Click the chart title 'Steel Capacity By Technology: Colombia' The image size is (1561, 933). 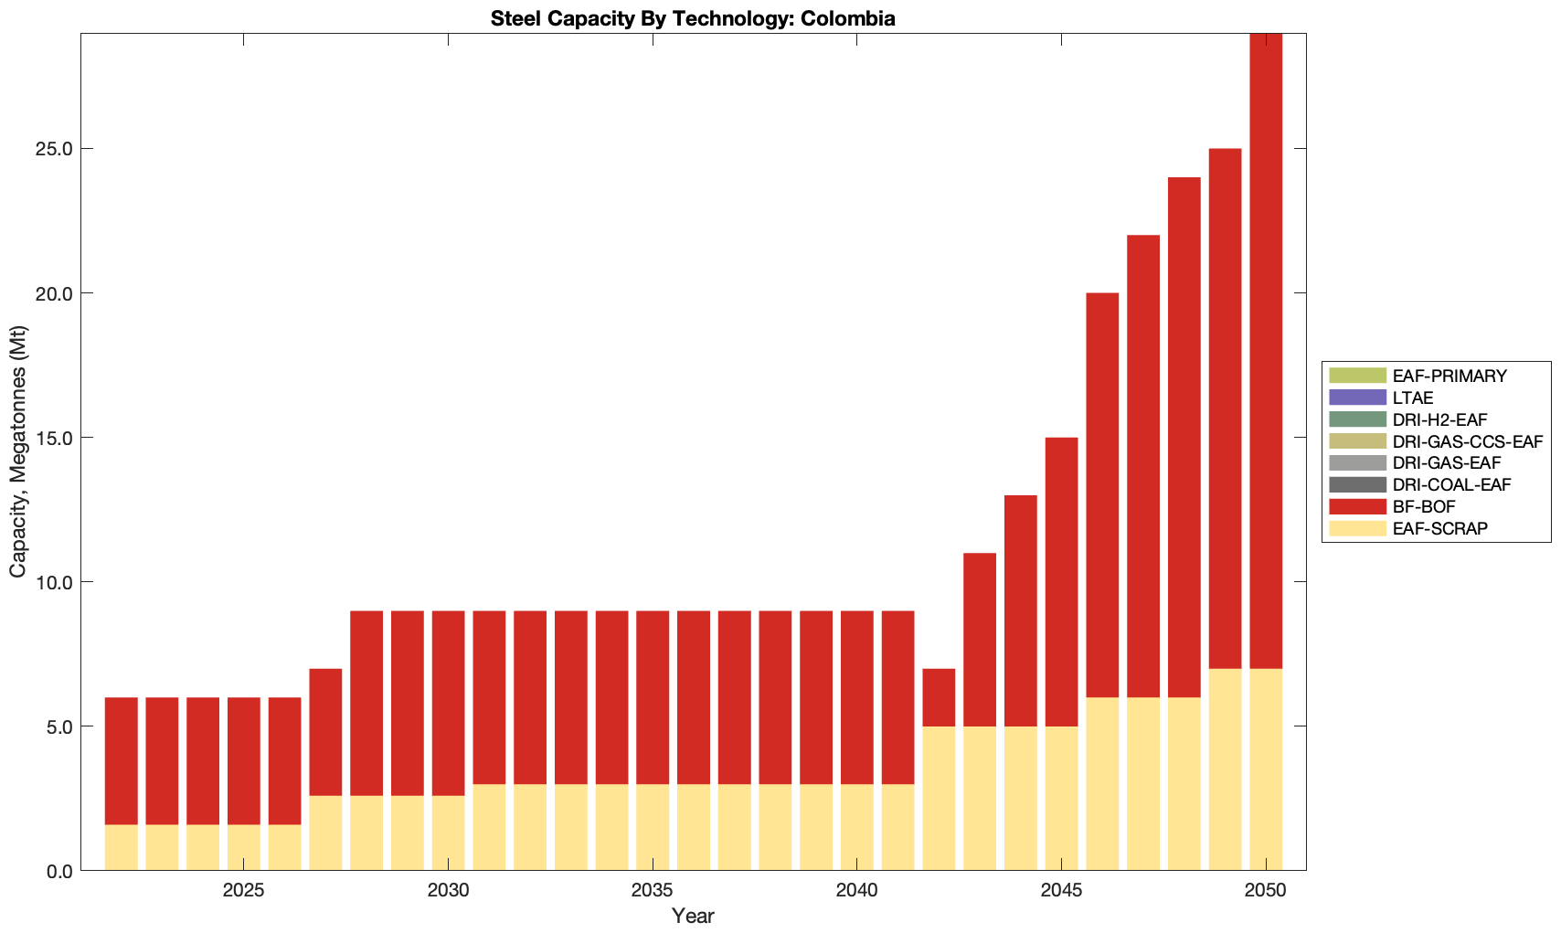[693, 18]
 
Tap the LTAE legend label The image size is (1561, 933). [1413, 398]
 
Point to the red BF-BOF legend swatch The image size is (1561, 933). [1357, 506]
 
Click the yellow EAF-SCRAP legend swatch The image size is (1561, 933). [1357, 528]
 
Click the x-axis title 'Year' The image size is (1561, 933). [693, 916]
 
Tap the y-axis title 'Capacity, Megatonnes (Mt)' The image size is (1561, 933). [18, 452]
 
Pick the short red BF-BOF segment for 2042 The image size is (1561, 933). [939, 697]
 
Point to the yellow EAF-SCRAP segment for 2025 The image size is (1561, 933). [244, 847]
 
